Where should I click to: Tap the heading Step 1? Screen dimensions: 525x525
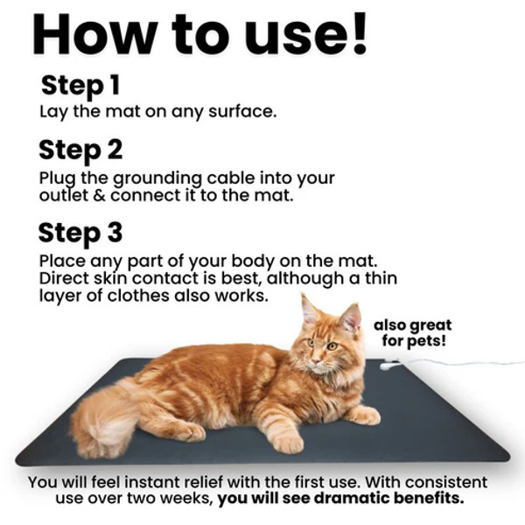(80, 86)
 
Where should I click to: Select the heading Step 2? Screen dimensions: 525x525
(80, 150)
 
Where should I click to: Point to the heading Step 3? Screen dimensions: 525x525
(80, 234)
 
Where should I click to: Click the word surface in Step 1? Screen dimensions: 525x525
(242, 111)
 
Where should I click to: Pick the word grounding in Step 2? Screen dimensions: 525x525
(157, 179)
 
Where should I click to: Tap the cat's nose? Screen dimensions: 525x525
(316, 361)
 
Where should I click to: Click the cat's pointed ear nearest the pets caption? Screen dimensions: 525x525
(351, 316)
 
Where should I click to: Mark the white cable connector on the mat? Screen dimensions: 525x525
(389, 365)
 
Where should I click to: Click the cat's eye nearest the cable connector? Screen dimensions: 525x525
(332, 346)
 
